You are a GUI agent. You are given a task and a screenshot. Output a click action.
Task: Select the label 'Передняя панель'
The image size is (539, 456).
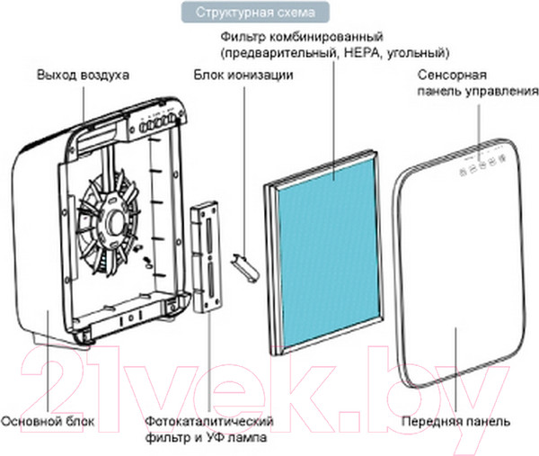[x=469, y=420]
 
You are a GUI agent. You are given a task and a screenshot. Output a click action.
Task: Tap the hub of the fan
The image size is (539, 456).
[x=115, y=220]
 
